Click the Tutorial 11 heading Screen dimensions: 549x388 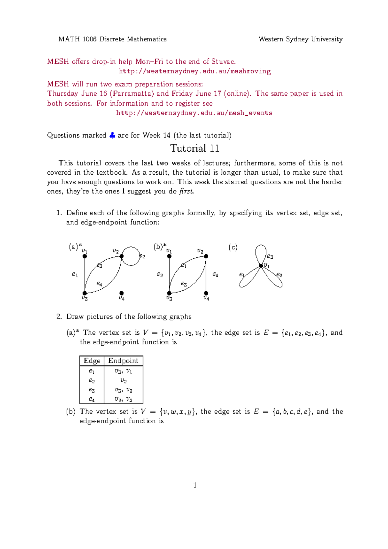click(x=195, y=148)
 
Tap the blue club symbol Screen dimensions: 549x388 click(x=112, y=135)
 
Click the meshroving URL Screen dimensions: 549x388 click(x=194, y=71)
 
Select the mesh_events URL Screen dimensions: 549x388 click(x=194, y=113)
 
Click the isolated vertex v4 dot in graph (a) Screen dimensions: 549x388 click(x=122, y=293)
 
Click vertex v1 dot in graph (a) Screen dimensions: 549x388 click(x=85, y=256)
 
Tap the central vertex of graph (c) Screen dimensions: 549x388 click(x=261, y=266)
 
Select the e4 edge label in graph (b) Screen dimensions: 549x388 click(x=215, y=274)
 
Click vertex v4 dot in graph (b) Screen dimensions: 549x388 click(x=206, y=293)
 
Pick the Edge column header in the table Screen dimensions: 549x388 click(x=92, y=361)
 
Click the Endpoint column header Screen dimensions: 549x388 click(x=123, y=361)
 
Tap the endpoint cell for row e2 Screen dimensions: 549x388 click(x=124, y=381)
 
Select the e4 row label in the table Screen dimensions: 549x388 click(x=92, y=399)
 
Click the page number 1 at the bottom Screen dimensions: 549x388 click(x=195, y=485)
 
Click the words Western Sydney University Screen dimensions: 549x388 click(x=300, y=39)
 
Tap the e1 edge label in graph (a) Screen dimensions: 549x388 click(x=75, y=274)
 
